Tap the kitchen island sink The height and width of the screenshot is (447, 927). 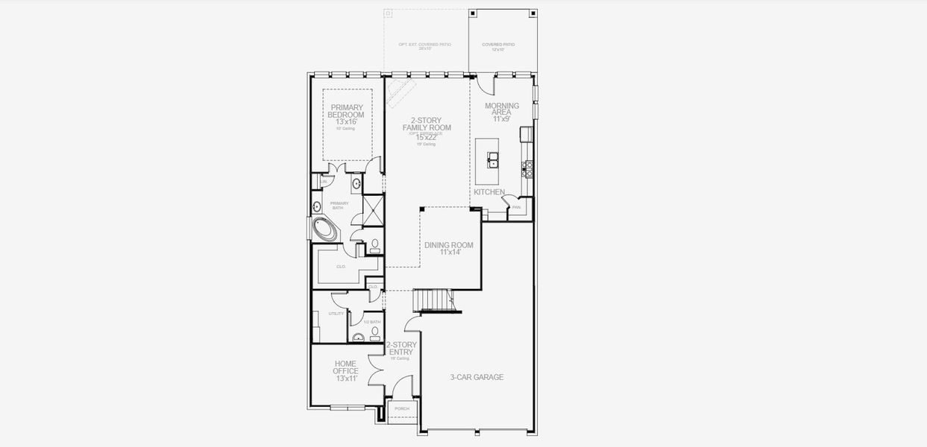click(x=494, y=158)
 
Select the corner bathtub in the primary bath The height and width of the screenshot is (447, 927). click(x=325, y=229)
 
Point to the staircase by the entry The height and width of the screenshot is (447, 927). click(x=433, y=300)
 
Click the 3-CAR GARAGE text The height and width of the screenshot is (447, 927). click(x=477, y=377)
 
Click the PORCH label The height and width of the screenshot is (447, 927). click(x=402, y=408)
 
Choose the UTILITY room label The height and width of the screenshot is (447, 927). click(x=336, y=314)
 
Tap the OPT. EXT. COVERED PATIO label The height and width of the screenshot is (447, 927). click(x=424, y=45)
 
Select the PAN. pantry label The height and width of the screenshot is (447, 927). click(x=516, y=207)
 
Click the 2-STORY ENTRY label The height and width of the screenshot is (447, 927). click(x=401, y=349)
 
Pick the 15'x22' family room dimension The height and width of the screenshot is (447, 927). click(x=427, y=137)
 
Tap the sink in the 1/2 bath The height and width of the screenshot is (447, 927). click(x=357, y=337)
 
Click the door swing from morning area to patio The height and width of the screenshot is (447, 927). click(x=483, y=83)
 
